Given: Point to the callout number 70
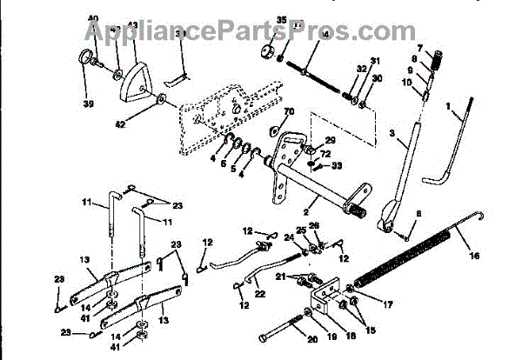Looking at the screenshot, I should point(288,112).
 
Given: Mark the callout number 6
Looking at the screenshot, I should point(419,213).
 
